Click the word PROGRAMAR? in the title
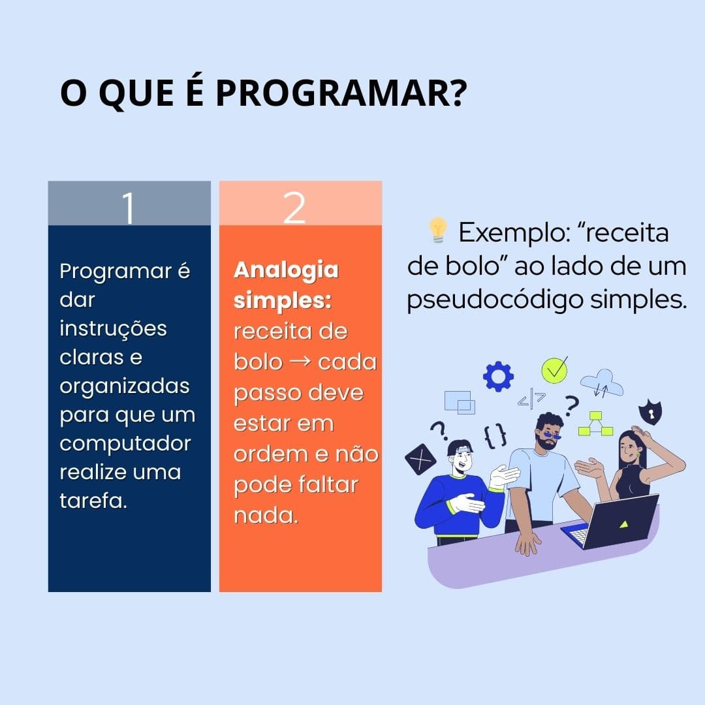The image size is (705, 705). [x=341, y=93]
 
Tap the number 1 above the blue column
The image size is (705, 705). [x=129, y=208]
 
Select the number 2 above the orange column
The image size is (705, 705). [x=294, y=208]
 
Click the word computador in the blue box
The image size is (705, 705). [x=125, y=443]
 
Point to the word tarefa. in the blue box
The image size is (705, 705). [x=93, y=501]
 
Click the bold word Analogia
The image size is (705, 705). [x=286, y=270]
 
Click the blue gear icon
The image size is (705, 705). [x=498, y=376]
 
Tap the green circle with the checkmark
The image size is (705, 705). [x=554, y=369]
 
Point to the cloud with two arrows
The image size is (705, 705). [x=602, y=384]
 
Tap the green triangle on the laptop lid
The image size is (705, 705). [x=624, y=524]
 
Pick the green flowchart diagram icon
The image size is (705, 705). [x=595, y=424]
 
